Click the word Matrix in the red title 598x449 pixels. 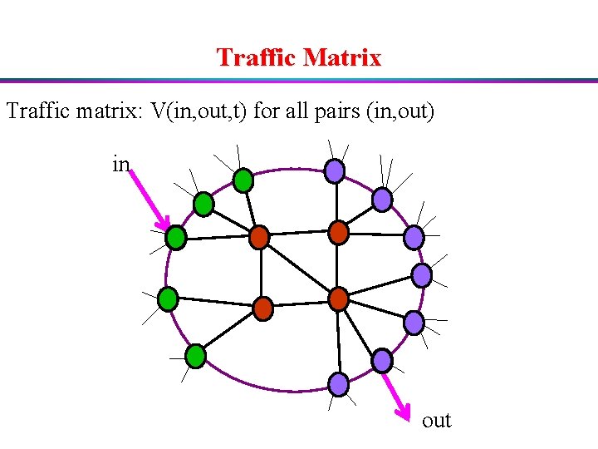coord(342,57)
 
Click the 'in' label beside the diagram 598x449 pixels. coord(120,165)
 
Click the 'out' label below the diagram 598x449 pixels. coord(436,421)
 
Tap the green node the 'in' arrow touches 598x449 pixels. coord(175,238)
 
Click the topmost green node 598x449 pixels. coord(243,179)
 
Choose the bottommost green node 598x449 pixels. coord(195,357)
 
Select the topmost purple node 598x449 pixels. coord(334,171)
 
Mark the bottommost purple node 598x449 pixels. coord(339,383)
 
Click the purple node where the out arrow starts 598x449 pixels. coord(381,360)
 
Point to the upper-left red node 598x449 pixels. coord(260,237)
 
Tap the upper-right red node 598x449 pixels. coord(338,232)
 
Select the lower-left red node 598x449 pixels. coord(262,308)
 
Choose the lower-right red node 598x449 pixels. coord(338,298)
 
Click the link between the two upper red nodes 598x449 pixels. coord(299,234)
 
